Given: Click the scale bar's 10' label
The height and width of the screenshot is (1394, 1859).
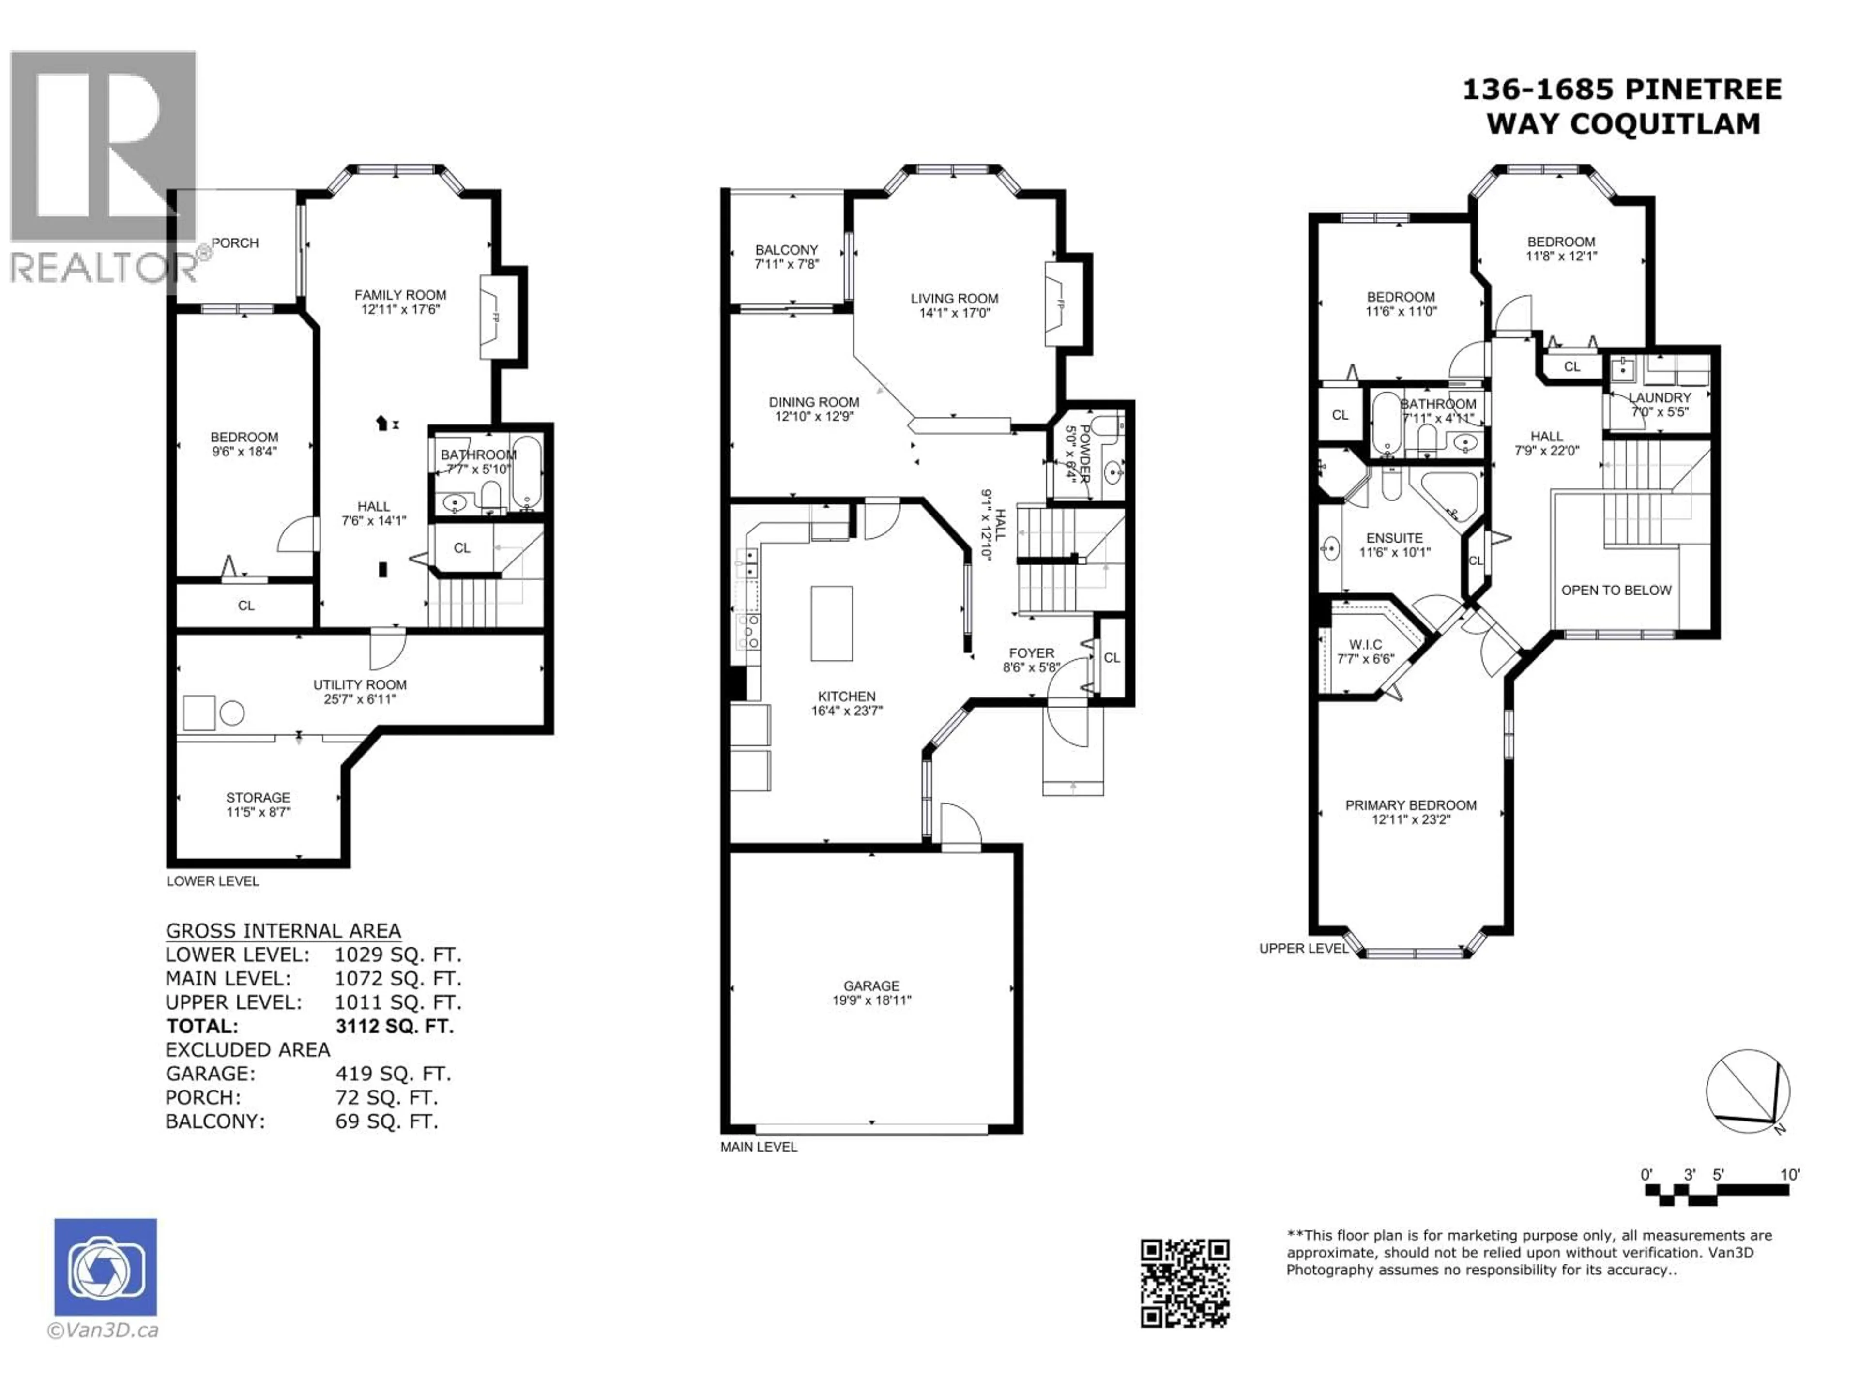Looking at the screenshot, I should [1789, 1175].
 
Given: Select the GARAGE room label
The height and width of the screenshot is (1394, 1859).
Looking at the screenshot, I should [871, 985].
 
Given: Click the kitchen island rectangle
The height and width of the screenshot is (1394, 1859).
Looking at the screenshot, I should [831, 623].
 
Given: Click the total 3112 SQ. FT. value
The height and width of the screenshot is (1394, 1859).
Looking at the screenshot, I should [394, 1026].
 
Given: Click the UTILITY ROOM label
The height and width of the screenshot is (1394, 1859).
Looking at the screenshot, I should [360, 685].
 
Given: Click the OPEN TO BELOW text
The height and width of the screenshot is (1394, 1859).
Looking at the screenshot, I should [1615, 590].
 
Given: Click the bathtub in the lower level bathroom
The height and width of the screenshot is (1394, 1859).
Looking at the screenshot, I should [527, 473].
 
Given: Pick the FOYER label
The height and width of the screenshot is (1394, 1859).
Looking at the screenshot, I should [1031, 653].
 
